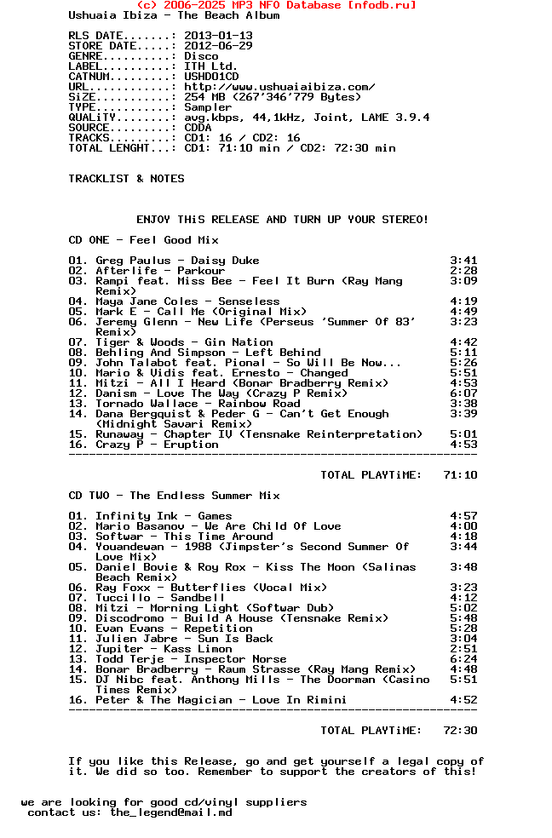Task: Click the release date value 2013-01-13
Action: click(x=218, y=36)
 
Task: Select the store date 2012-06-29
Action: click(x=218, y=46)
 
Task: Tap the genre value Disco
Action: click(x=201, y=56)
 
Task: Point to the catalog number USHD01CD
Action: click(x=211, y=77)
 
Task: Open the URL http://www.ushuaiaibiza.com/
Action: click(x=279, y=87)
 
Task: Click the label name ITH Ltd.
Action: click(x=211, y=66)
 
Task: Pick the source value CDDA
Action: click(x=198, y=128)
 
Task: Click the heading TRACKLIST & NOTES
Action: click(x=126, y=179)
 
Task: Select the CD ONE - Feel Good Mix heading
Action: click(x=143, y=240)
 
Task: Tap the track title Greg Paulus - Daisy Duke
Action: click(x=177, y=261)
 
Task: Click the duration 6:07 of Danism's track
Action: click(x=463, y=393)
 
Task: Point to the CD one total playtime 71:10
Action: click(x=460, y=475)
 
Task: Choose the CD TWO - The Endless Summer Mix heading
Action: click(x=174, y=496)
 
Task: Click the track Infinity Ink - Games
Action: click(x=164, y=516)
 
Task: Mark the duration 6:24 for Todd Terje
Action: click(x=463, y=659)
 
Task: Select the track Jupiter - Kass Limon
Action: click(x=164, y=649)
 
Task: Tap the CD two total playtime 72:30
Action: click(x=460, y=731)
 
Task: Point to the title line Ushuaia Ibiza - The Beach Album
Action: click(x=174, y=15)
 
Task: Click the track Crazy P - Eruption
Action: click(x=157, y=445)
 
